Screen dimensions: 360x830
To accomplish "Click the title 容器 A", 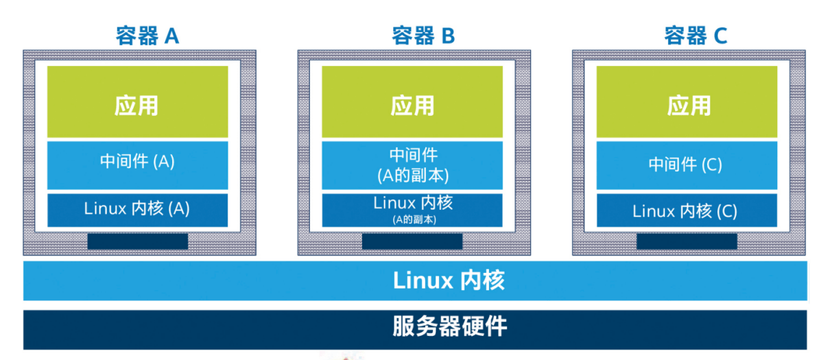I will click(x=147, y=36).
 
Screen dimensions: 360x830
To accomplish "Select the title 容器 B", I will click(x=423, y=36).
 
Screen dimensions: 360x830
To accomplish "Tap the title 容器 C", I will click(x=695, y=36).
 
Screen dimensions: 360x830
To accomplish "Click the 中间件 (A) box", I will click(x=137, y=163).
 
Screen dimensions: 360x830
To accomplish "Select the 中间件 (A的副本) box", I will click(x=412, y=165).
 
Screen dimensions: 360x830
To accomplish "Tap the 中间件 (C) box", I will click(x=687, y=165).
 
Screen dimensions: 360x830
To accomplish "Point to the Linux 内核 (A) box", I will click(x=137, y=209).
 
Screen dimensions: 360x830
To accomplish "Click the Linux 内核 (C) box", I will click(x=687, y=211).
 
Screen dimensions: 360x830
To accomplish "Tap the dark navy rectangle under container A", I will click(x=137, y=241).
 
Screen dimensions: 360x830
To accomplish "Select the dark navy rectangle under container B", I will click(x=412, y=241).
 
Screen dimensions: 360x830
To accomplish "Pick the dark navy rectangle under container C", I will click(x=687, y=241).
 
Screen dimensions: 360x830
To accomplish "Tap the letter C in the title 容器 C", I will click(x=720, y=36).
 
